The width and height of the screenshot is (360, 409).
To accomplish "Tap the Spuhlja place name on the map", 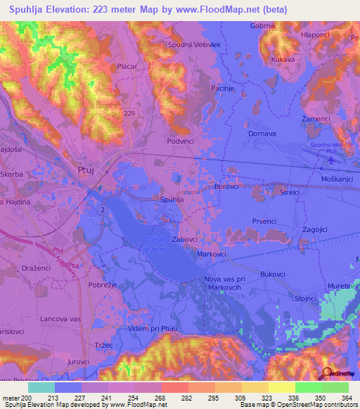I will tap(172, 200).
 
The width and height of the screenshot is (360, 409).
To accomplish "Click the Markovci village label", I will tap(212, 253).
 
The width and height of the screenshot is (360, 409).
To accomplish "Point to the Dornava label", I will tap(262, 133).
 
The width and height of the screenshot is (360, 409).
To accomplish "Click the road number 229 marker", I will tap(129, 113).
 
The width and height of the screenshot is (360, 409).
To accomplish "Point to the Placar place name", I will tap(127, 66).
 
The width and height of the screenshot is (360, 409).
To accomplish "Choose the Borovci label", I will tap(227, 188).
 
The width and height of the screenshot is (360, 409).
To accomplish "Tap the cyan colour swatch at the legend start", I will tap(41, 387).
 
